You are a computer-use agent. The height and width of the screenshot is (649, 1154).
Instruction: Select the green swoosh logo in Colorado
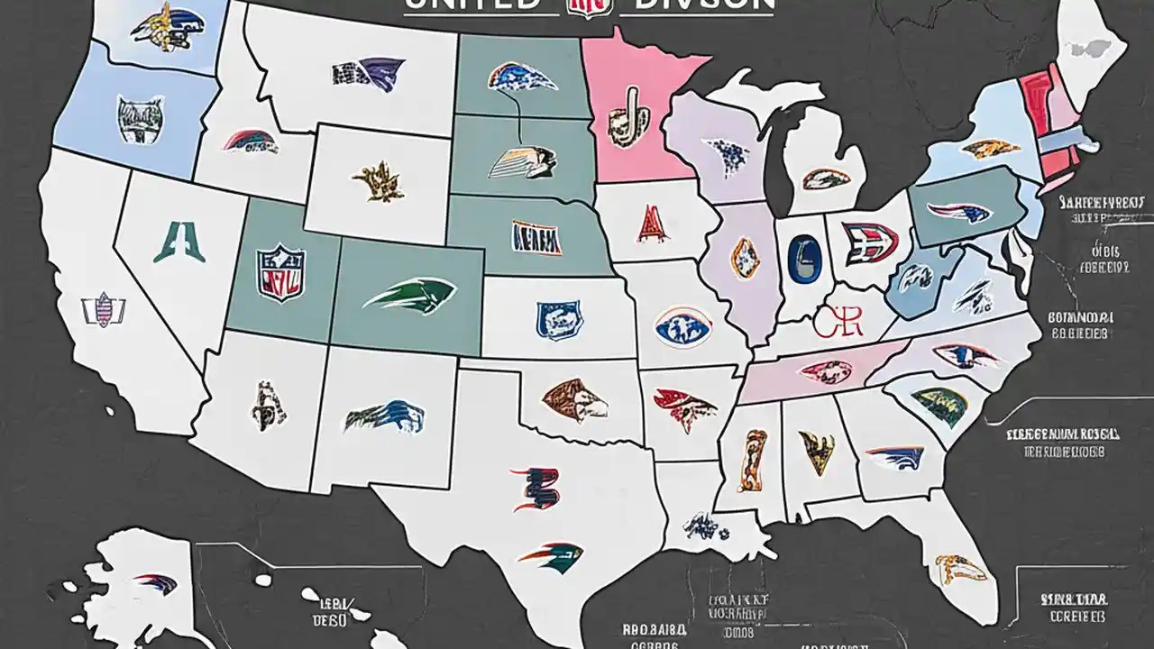[x=410, y=295]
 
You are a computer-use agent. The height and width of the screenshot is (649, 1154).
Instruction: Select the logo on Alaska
[x=155, y=581]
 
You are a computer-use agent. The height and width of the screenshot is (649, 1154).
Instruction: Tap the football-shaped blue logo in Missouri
[x=682, y=326]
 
